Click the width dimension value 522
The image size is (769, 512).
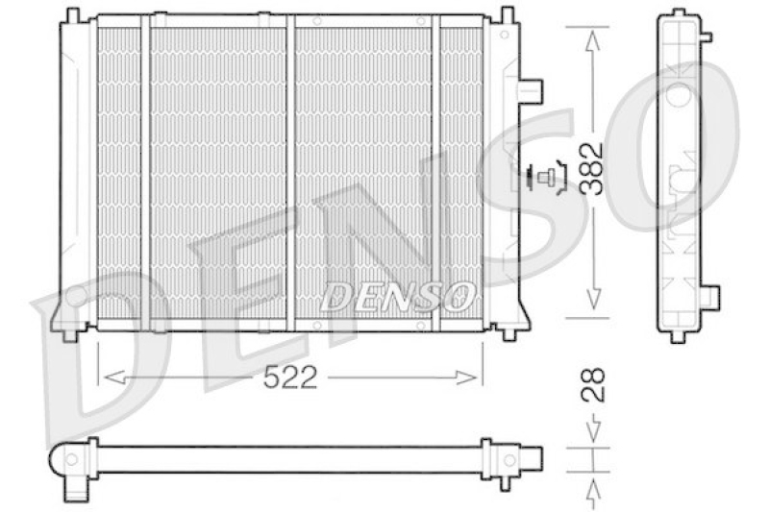(290, 378)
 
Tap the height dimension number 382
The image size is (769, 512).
(592, 169)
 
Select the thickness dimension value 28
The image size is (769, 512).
(593, 385)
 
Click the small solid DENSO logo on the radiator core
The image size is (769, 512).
(397, 296)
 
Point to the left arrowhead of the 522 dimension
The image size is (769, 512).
(113, 378)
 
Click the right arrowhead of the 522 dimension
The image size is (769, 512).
(466, 378)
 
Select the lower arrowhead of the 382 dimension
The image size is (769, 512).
(593, 299)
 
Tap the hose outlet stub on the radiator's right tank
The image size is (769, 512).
(532, 91)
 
